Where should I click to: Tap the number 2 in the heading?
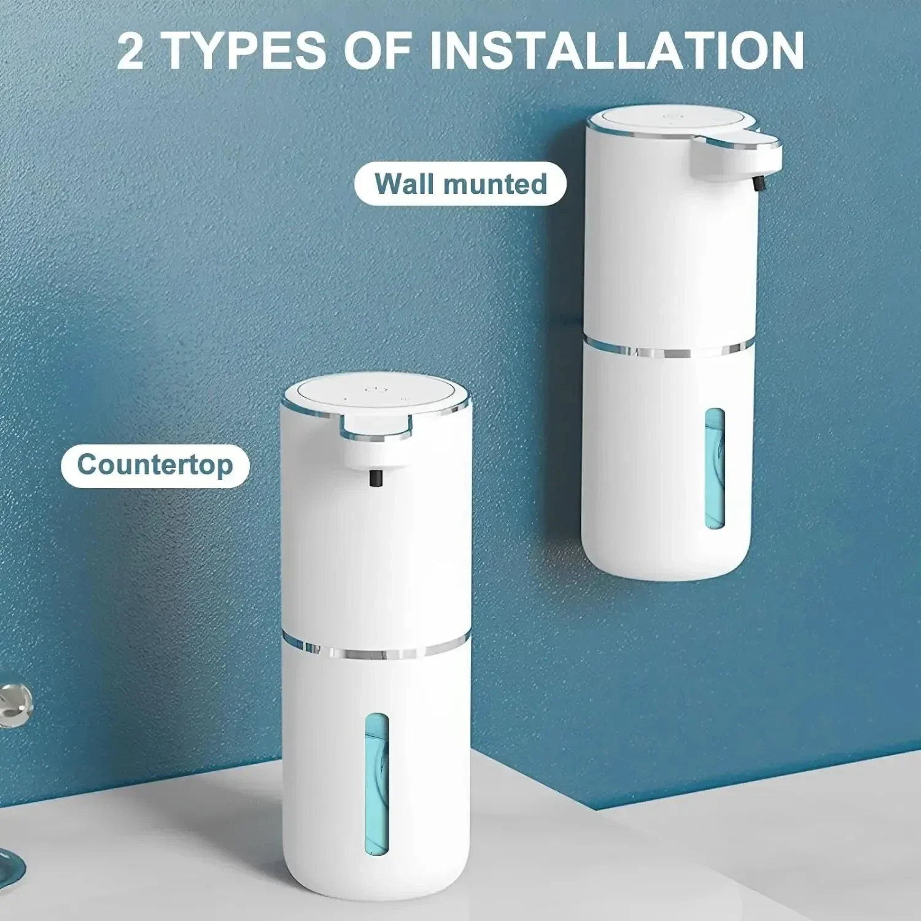click(130, 52)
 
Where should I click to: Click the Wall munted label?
click(460, 184)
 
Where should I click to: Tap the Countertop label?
click(155, 465)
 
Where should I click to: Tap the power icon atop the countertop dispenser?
click(374, 390)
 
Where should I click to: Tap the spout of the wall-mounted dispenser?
click(737, 153)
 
